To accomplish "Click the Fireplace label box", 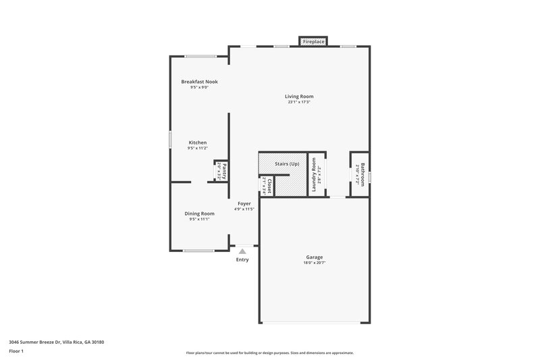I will [x=313, y=42].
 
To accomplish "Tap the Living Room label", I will [x=299, y=97].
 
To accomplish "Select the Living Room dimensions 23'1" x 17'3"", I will [x=299, y=103].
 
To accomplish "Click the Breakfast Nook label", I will [x=199, y=82].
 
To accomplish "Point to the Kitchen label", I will [x=197, y=143].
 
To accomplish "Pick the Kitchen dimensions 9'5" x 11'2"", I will [x=197, y=149].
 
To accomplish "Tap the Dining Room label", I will [x=199, y=213].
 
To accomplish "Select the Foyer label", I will [x=244, y=203].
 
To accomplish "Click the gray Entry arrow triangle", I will [x=242, y=251].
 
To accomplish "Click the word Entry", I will [x=242, y=260].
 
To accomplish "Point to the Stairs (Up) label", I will [x=288, y=164].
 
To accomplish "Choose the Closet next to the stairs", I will [x=267, y=186].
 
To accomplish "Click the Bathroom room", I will [x=359, y=174].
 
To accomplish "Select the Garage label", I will [x=314, y=257].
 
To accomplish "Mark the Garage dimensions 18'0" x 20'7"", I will [x=314, y=263].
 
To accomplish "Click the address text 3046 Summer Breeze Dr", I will [x=57, y=342].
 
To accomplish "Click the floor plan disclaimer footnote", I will [x=269, y=353].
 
